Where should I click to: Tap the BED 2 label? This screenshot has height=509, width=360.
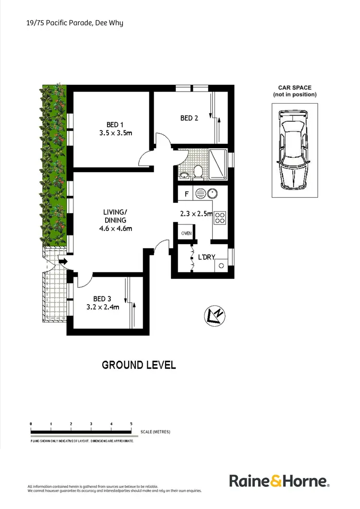tap(189, 118)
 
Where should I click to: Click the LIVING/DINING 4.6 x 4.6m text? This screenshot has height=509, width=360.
tap(115, 220)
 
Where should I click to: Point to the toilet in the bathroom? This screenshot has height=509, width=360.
tap(198, 172)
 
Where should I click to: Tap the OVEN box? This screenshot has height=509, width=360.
tap(186, 234)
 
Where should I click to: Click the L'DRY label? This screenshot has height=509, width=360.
tap(206, 258)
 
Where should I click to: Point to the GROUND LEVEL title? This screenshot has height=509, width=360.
tap(139, 365)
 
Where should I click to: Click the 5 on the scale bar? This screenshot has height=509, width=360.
tap(131, 424)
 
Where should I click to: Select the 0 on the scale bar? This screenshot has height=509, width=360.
tap(31, 424)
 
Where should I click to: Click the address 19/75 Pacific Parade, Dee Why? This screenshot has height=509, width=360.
tap(75, 23)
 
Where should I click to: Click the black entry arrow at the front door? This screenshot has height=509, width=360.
tap(62, 261)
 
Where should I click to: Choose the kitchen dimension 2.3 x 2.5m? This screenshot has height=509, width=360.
tap(196, 214)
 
